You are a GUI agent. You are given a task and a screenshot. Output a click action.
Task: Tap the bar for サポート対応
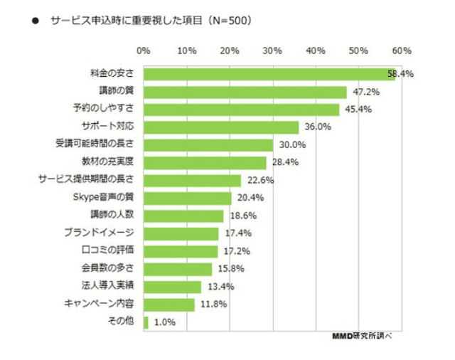(220, 127)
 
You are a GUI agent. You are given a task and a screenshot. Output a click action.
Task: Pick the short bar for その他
(146, 322)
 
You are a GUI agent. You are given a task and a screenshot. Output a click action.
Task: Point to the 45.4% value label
(357, 110)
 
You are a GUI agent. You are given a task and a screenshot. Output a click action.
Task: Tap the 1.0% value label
(166, 322)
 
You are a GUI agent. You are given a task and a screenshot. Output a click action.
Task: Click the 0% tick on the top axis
(143, 51)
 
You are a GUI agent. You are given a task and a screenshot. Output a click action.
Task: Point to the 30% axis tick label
(272, 51)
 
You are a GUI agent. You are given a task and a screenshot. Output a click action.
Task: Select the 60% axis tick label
(402, 51)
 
